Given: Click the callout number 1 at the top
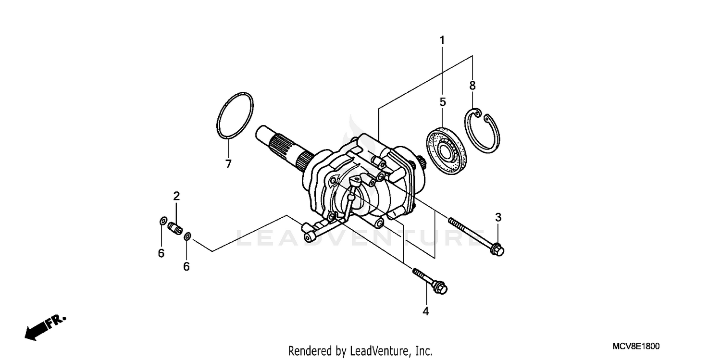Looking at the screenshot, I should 442,40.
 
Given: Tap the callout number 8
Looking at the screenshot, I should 472,86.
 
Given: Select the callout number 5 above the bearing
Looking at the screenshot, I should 443,102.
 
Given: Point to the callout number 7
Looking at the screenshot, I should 228,164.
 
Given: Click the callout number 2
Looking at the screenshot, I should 176,196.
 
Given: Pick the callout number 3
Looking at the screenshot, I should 498,217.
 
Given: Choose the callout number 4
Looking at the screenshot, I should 425,311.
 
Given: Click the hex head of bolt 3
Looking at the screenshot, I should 498,250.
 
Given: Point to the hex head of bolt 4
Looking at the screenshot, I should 441,288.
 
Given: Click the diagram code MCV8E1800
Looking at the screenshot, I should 635,347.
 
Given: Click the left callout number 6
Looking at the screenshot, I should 161,253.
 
